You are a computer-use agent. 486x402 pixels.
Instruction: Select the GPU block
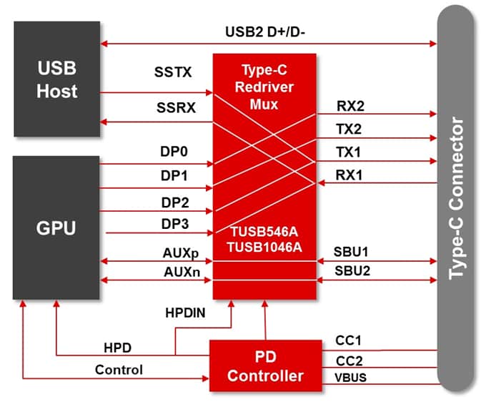tap(56, 228)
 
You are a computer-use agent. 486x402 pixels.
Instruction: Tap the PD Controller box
tap(265, 366)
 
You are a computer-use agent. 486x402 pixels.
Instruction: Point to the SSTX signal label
tap(172, 72)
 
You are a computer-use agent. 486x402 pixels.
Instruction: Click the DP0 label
tap(174, 152)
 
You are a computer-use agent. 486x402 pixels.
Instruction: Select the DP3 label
tap(174, 224)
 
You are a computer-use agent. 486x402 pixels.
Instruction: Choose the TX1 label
tap(349, 152)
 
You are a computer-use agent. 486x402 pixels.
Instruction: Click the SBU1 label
tap(352, 253)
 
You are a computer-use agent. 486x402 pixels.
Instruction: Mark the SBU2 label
tap(352, 271)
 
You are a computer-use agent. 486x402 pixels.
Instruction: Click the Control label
tap(119, 370)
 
